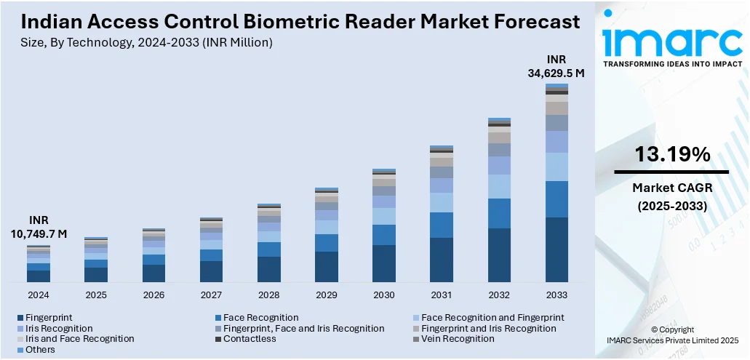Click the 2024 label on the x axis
coord(39,295)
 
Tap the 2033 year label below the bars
coord(556,295)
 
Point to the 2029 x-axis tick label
coord(326,295)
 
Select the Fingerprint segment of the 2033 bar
coord(556,249)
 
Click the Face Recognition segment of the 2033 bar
coord(556,199)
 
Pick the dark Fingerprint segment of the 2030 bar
coord(384,263)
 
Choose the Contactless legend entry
coord(250,339)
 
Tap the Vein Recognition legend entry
coord(458,339)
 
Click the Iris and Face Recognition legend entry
coord(79,339)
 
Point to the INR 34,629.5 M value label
coord(556,66)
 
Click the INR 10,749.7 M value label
coord(39,227)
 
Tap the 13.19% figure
coord(671,154)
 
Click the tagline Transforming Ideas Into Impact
coord(673,63)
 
